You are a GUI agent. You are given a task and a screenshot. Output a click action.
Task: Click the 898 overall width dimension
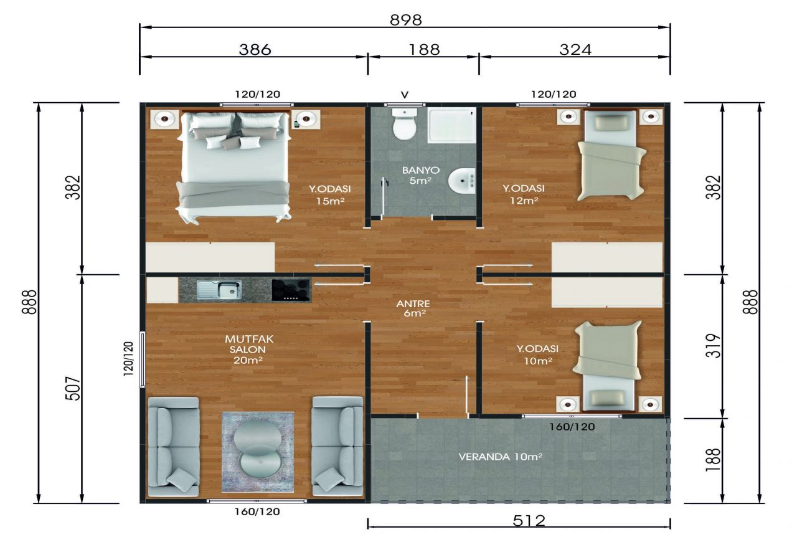click(x=405, y=20)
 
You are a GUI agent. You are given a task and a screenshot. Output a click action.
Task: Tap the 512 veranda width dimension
click(x=529, y=521)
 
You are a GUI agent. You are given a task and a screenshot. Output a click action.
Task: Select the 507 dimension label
click(x=73, y=389)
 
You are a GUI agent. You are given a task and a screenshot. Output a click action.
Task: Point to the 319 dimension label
click(x=713, y=345)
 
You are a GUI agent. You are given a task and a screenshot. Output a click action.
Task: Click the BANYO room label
click(x=420, y=170)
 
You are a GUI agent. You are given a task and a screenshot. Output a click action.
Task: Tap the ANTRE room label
click(x=413, y=304)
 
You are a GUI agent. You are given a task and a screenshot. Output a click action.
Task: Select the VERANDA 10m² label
click(x=500, y=457)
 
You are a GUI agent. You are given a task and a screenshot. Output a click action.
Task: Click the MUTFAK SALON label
click(x=248, y=344)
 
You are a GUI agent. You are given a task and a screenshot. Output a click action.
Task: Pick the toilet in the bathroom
click(x=405, y=124)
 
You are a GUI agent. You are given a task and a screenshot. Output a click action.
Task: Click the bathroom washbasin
click(x=462, y=181)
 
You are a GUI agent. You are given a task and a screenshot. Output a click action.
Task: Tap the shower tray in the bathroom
click(x=452, y=125)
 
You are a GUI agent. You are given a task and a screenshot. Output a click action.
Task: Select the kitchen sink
click(x=219, y=290)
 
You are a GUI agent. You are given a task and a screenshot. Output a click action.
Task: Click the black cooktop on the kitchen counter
click(x=291, y=290)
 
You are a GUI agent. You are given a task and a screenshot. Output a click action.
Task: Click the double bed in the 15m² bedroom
click(x=234, y=167)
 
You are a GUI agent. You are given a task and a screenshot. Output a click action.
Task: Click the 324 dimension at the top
click(x=575, y=49)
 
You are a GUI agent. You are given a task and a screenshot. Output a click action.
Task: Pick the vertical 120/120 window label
click(x=128, y=359)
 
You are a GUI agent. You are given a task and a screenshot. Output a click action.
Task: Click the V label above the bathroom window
click(x=405, y=95)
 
